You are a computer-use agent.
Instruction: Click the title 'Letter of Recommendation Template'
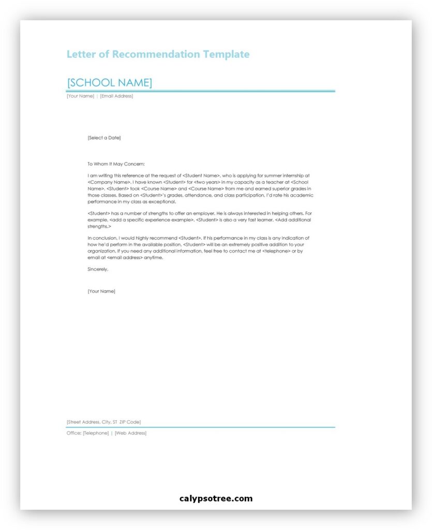(x=158, y=54)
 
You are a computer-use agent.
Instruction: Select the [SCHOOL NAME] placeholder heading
(x=109, y=83)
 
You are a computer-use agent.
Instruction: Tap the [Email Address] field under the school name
(x=116, y=96)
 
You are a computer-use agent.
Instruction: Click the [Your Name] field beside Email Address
(x=80, y=96)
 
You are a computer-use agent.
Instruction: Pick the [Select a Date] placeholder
(x=104, y=138)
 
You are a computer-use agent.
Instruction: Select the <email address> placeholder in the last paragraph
(x=125, y=257)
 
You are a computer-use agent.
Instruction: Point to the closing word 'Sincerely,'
(x=98, y=269)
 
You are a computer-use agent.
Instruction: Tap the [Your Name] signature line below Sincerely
(x=101, y=291)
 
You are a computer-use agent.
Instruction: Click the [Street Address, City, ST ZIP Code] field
(x=103, y=422)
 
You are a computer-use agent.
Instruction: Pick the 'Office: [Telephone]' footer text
(x=87, y=433)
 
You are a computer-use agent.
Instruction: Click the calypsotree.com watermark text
(x=216, y=499)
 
